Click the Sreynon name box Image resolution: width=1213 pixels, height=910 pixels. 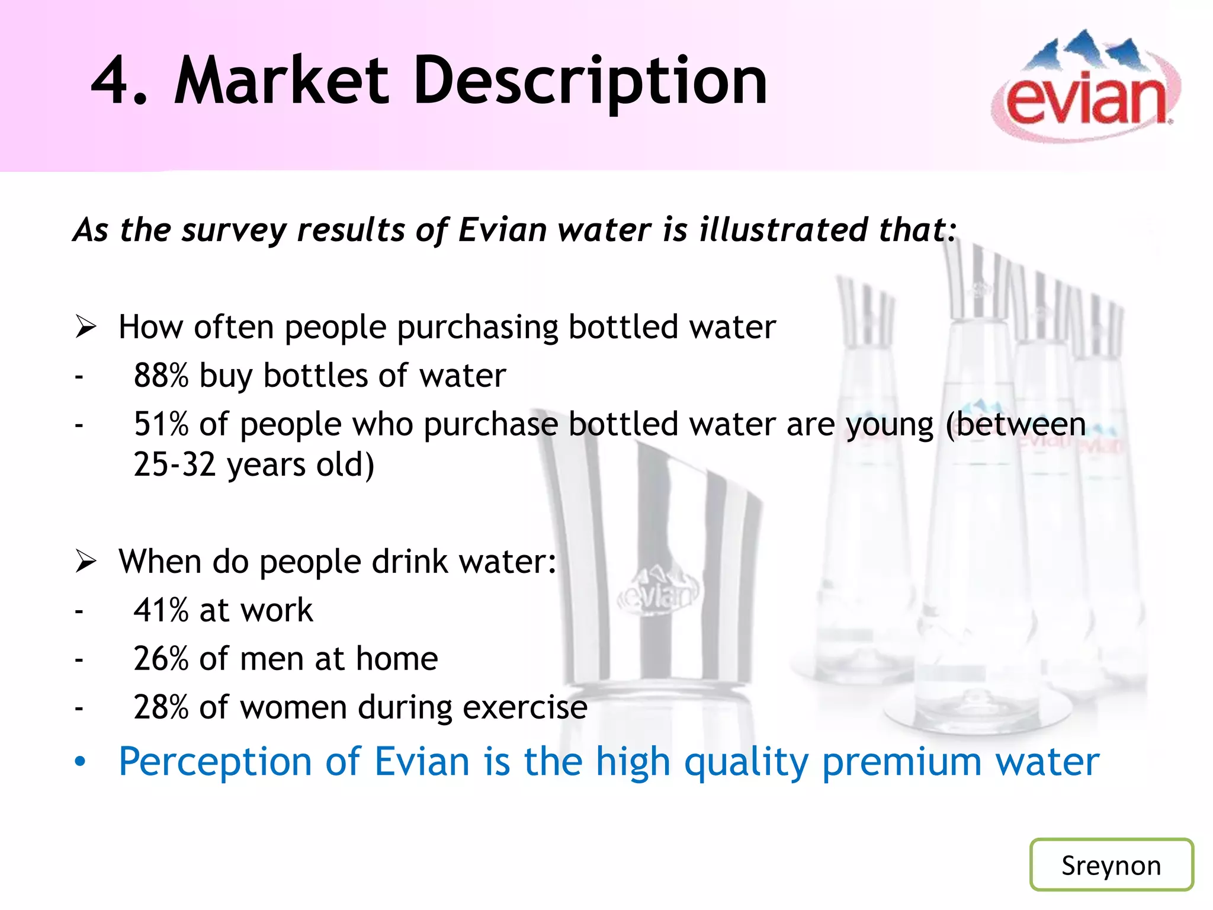tap(1111, 864)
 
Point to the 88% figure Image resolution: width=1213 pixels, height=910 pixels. tap(161, 376)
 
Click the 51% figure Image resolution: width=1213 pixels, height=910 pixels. tap(161, 424)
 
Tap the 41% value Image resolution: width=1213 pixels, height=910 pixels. tap(161, 610)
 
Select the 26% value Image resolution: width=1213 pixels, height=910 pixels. tap(161, 659)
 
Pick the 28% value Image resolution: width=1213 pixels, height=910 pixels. tap(161, 707)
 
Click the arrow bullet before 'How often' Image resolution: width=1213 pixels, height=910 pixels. tap(86, 327)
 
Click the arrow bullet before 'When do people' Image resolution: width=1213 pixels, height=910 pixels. tap(86, 561)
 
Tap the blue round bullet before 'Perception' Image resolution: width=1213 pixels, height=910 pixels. tap(80, 762)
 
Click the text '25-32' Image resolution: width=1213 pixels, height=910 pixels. tap(175, 464)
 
